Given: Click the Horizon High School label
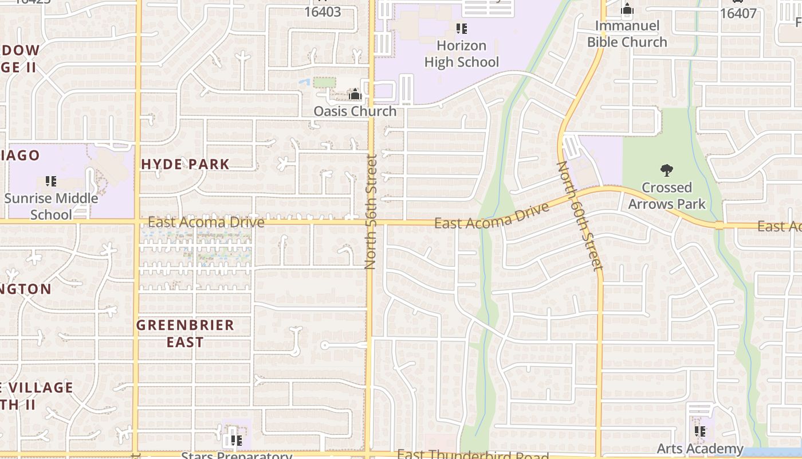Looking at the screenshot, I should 462,54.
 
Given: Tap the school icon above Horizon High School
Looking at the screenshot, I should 461,28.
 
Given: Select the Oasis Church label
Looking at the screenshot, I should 355,111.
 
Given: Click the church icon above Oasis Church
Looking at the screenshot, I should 355,94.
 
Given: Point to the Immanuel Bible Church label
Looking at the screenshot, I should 627,34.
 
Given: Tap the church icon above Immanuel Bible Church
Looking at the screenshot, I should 627,9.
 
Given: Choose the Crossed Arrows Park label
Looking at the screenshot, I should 667,196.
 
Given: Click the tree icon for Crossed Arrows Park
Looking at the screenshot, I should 666,170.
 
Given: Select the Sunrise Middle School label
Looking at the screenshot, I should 51,207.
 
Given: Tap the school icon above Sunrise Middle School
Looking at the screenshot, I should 51,181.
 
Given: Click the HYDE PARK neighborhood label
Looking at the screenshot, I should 185,164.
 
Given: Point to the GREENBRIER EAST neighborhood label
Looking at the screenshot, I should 185,333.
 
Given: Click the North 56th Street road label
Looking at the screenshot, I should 370,212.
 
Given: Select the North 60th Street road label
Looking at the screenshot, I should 580,216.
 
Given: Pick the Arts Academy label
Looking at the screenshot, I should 699,449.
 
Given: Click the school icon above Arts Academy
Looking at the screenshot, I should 699,431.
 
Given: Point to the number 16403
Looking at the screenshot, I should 323,11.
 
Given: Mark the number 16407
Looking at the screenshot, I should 738,13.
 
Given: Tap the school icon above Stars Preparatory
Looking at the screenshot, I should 236,441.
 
